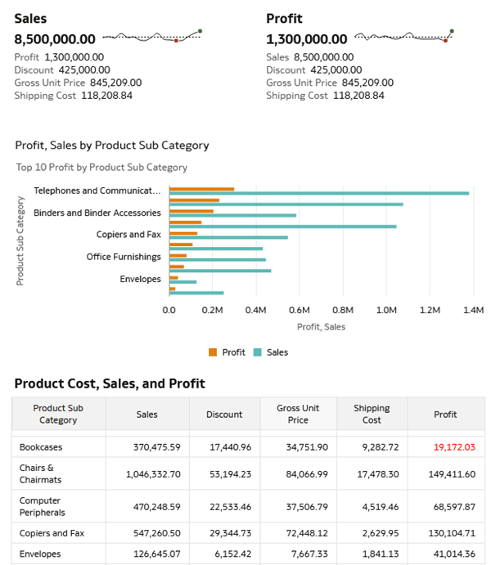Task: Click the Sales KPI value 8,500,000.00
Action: click(x=55, y=39)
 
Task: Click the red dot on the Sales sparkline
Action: click(x=176, y=40)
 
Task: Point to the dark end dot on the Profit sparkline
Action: click(x=452, y=31)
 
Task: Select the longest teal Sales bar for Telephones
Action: click(x=319, y=193)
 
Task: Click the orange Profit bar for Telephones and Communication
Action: click(x=201, y=189)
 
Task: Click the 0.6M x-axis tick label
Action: click(x=300, y=311)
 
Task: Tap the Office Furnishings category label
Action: click(x=124, y=257)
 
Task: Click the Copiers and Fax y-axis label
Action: click(x=128, y=235)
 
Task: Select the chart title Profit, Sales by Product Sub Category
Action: click(x=112, y=146)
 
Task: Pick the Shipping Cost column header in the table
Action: click(x=372, y=414)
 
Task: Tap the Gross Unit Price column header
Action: click(x=298, y=414)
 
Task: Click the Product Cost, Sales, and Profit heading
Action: click(x=110, y=383)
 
